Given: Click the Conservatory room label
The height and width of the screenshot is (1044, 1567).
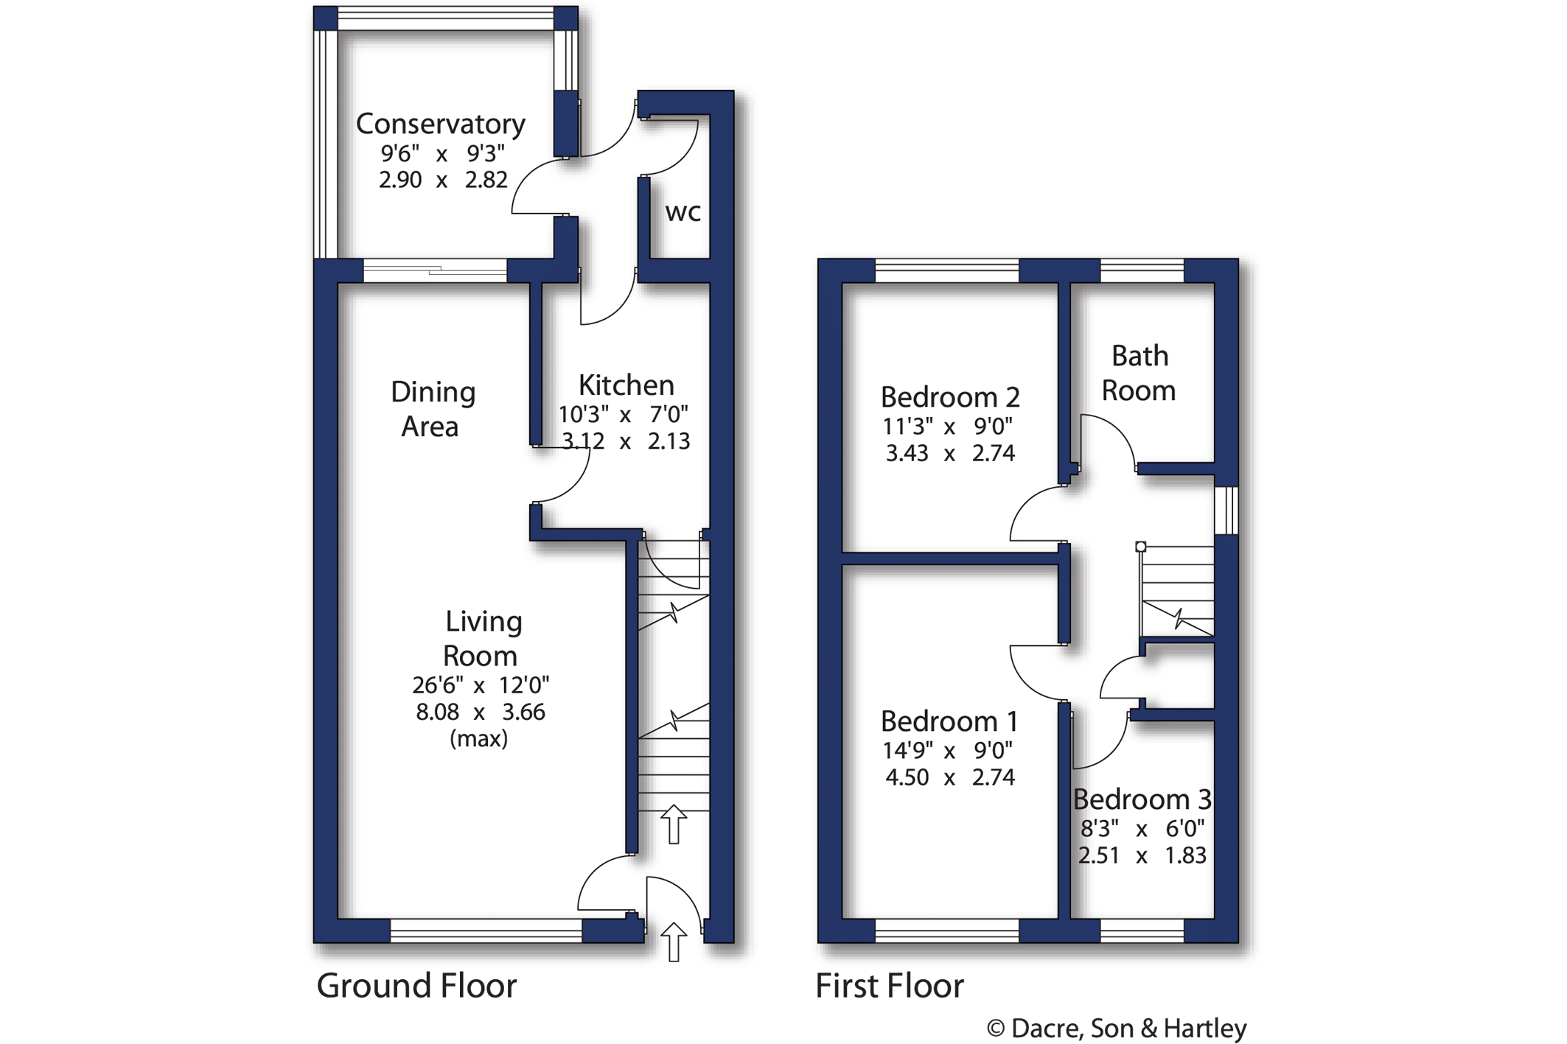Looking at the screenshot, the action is (440, 124).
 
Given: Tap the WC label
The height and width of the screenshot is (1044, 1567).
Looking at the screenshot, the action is (683, 213).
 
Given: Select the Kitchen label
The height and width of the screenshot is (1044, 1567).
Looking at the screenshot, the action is (626, 385).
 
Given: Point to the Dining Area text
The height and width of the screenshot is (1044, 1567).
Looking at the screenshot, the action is (433, 409).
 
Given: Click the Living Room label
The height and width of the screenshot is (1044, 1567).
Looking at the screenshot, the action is (482, 638).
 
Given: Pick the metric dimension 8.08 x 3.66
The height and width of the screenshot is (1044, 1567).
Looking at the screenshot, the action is (481, 712).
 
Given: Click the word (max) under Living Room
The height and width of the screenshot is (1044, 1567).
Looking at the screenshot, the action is (479, 738).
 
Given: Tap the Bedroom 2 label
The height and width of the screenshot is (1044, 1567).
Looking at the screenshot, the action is (950, 397).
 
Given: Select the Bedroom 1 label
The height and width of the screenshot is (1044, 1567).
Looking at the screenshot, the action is (949, 721).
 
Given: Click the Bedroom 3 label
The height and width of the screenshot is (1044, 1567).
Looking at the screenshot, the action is (1142, 799).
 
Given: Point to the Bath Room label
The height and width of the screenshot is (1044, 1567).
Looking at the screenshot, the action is (1139, 374).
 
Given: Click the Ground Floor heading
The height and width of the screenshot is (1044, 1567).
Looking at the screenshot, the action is (416, 986).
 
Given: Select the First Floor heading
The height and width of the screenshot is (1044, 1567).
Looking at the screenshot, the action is (889, 986).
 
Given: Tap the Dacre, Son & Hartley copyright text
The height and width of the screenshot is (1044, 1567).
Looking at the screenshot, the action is (1117, 1028).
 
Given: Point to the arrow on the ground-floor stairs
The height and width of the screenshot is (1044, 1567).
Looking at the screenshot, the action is (674, 824).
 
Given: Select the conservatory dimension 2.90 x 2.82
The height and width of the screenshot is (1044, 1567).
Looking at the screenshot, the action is (443, 180).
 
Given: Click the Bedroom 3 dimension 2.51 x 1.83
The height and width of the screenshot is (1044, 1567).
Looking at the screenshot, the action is (1142, 855).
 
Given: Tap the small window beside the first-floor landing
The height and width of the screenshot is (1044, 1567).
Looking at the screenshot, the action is (1226, 510).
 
